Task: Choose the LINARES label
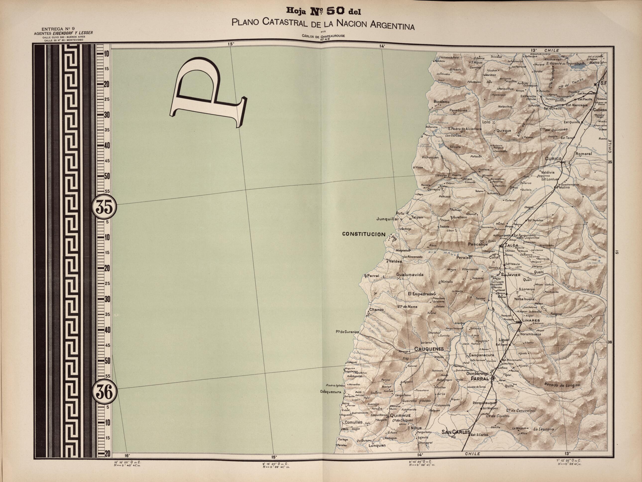click(x=531, y=321)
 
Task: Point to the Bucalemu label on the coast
click(x=441, y=102)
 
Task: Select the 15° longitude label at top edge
click(x=231, y=44)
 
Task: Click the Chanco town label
click(x=376, y=309)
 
